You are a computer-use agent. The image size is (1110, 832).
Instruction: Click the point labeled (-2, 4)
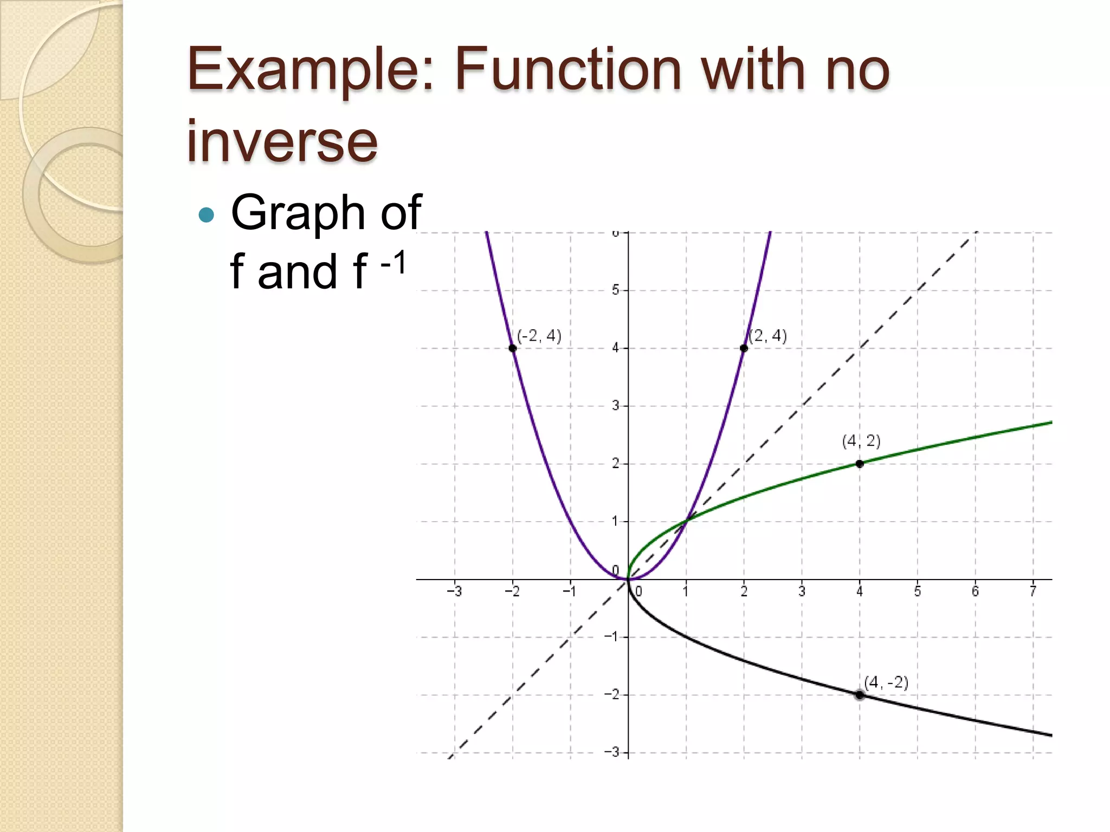513,348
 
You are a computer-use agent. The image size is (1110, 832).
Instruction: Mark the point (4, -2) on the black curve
860,695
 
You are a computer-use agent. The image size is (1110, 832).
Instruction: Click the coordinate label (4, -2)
886,682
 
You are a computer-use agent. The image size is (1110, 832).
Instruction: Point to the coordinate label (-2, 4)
539,336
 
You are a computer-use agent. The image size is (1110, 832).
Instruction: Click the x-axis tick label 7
1033,591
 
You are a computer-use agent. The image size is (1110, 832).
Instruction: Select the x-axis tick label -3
454,591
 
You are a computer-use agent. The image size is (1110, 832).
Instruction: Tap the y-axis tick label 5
616,290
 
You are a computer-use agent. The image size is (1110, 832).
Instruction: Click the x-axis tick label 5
918,591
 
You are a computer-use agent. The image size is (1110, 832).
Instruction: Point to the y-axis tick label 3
616,406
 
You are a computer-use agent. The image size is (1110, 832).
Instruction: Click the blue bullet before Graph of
206,216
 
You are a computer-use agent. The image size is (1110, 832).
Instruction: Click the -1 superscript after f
393,264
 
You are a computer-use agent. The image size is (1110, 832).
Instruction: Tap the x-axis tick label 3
802,591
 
